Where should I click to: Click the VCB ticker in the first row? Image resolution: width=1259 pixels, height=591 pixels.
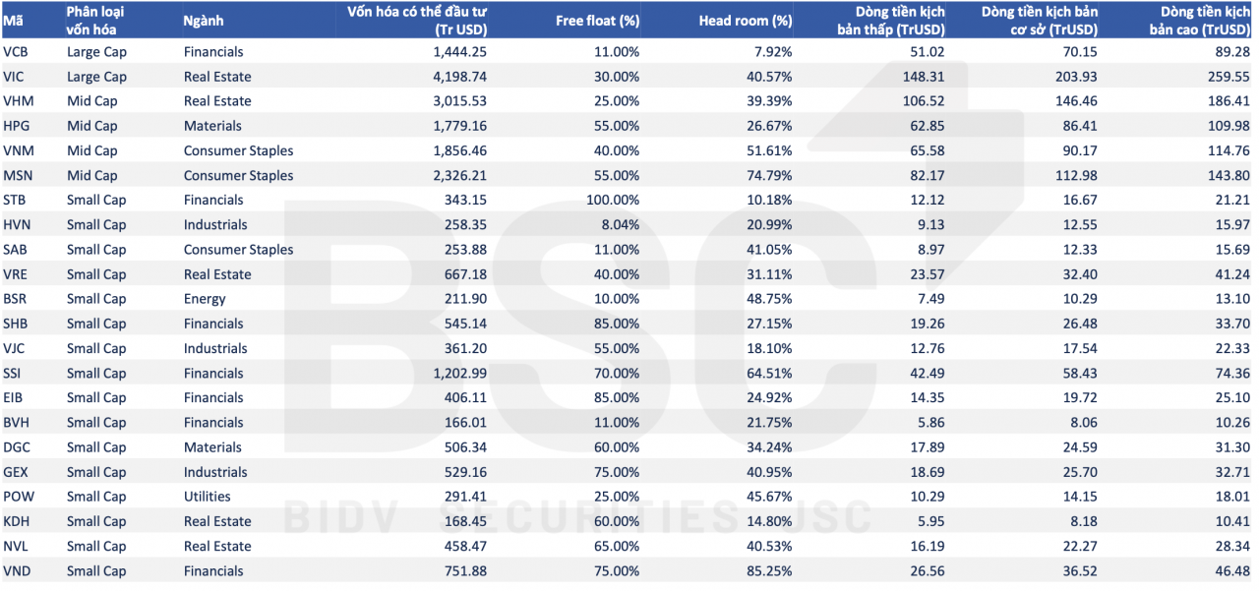[15, 52]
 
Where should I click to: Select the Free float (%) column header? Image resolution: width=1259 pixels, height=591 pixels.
[597, 21]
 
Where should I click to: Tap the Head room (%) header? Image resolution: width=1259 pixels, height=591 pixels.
[745, 21]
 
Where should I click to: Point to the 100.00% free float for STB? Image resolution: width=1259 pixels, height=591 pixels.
[613, 201]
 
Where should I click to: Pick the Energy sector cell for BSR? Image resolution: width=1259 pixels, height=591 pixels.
[205, 299]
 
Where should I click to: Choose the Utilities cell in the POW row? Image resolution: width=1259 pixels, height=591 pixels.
[207, 497]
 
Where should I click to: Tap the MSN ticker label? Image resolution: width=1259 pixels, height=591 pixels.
[18, 176]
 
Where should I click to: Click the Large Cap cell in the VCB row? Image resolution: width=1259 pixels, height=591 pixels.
[96, 52]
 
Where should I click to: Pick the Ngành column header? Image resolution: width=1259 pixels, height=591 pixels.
[204, 21]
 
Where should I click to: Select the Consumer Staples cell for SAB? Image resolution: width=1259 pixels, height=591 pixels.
[238, 250]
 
